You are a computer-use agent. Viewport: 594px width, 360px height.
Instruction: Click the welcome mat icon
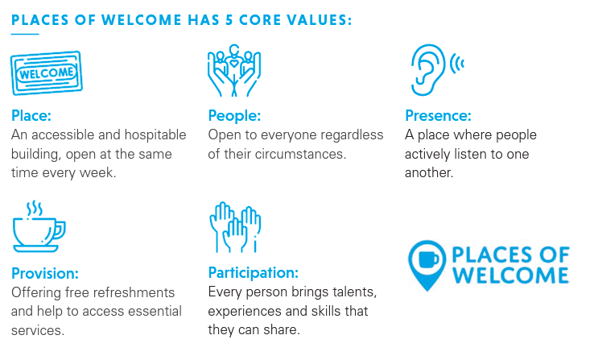(47, 72)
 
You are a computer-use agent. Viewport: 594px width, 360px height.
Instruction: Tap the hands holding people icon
(234, 71)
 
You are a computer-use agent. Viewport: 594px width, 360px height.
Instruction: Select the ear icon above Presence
(429, 70)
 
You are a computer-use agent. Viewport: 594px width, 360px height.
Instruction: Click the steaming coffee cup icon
(39, 226)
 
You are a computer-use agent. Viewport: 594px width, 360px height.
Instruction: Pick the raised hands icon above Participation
(235, 227)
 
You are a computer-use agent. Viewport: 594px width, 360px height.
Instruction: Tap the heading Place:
(31, 116)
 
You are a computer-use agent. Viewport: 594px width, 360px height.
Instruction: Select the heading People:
(234, 116)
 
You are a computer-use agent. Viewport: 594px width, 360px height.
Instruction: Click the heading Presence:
(438, 116)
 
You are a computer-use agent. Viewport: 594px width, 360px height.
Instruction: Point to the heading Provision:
(45, 273)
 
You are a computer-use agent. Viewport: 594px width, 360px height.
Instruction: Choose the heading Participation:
(254, 273)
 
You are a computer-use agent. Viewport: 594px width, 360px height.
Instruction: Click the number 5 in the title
(229, 20)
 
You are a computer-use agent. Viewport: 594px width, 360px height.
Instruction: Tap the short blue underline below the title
(25, 34)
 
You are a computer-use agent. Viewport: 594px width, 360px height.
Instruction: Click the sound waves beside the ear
(456, 64)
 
